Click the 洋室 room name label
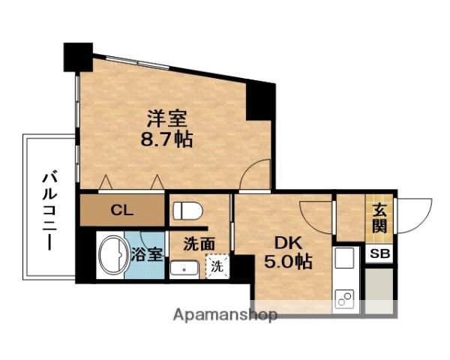[167, 118]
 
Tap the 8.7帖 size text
[166, 139]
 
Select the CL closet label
[122, 211]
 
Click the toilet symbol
[188, 211]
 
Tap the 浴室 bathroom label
[148, 254]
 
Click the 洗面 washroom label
[199, 244]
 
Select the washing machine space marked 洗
[217, 266]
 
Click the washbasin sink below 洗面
[184, 269]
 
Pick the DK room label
[288, 244]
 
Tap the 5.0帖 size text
[288, 261]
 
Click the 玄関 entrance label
[379, 219]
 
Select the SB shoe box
[379, 253]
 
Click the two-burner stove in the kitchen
[344, 299]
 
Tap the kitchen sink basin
[344, 257]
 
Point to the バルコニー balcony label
[49, 210]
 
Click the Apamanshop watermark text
[225, 315]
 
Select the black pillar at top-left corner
[78, 57]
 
